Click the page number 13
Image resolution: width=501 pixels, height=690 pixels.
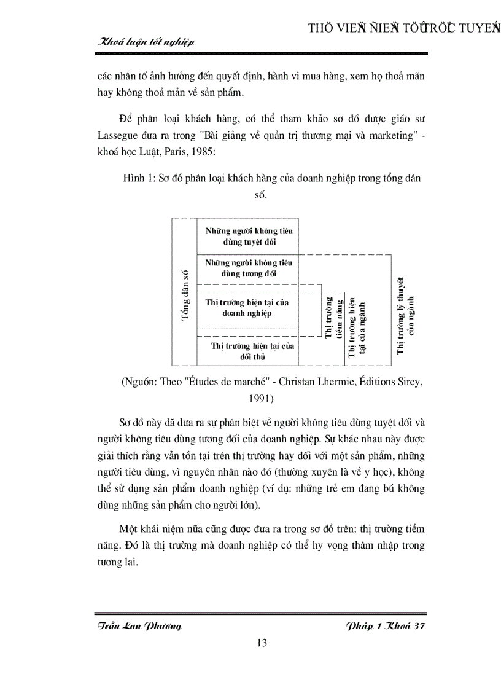[261, 643]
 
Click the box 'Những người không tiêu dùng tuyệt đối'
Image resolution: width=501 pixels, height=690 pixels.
[249, 236]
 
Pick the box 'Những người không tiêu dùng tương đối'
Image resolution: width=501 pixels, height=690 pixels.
[249, 268]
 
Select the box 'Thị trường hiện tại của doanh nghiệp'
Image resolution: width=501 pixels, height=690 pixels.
[247, 307]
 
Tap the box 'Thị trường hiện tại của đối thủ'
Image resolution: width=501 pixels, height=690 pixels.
[252, 351]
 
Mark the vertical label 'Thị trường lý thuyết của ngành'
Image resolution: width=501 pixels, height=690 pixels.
[406, 316]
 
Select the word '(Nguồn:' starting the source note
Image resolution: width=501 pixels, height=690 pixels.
[140, 382]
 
